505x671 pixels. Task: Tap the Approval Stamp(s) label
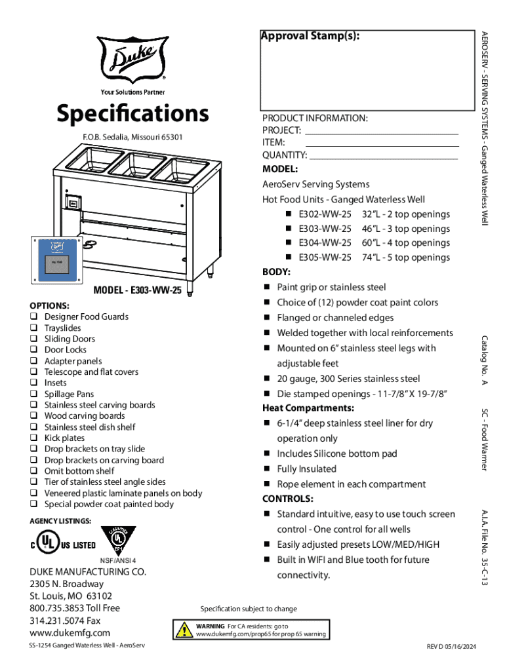tap(310, 37)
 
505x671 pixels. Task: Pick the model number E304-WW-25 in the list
tap(325, 243)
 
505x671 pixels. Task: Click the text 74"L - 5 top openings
tap(405, 258)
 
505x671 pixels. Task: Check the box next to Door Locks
tap(33, 350)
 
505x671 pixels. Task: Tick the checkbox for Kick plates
tap(33, 438)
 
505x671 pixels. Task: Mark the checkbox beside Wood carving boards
tap(33, 416)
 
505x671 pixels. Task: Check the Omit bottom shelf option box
tap(33, 471)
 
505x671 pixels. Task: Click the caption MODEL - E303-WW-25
tap(137, 291)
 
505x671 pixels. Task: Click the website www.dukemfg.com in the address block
tap(70, 633)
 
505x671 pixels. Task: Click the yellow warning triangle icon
tap(184, 630)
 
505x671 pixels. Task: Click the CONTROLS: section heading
tap(288, 499)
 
